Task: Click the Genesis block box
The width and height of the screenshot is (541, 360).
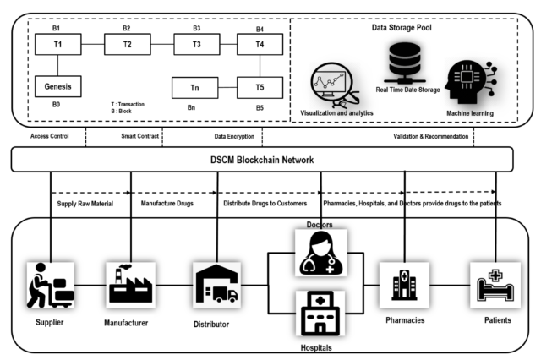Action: click(58, 85)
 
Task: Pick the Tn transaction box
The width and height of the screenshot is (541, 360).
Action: click(196, 85)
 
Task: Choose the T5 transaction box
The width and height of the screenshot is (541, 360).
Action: click(260, 85)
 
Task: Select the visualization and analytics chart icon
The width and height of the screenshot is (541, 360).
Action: click(334, 82)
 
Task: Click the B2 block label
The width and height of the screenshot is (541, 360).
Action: click(126, 28)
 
